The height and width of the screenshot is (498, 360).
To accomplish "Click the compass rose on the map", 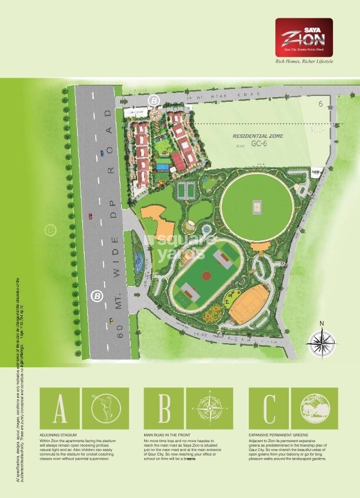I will pos(321,341).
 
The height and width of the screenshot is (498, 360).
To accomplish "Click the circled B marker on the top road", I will pos(154,100).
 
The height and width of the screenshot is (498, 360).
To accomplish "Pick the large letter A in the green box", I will pos(59,408).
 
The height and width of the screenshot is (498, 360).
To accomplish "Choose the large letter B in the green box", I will pos(165,408).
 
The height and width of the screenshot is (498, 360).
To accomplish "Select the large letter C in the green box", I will pos(269,408).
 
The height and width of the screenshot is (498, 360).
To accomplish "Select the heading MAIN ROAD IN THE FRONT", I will pos(168,434).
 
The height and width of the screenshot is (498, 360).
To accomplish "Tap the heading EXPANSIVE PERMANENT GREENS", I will pos(278,434).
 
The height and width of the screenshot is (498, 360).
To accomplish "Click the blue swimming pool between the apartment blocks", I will pos(161,167).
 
